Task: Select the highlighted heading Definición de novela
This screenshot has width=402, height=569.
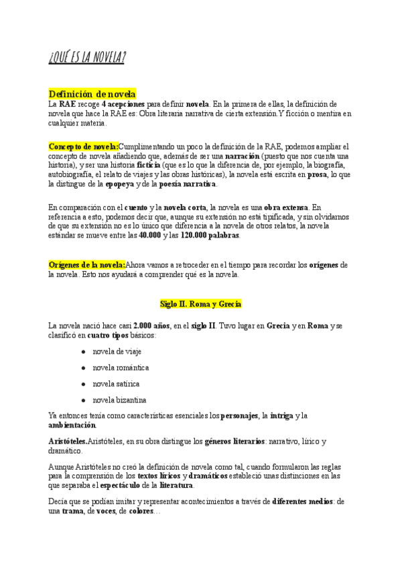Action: point(92,93)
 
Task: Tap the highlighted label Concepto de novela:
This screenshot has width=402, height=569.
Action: point(84,146)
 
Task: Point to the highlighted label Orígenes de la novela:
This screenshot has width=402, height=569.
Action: point(87,265)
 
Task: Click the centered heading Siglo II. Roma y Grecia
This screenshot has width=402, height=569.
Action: point(200,304)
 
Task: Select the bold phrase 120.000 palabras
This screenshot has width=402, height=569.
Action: point(210,236)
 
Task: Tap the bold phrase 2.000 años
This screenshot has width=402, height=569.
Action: point(152,325)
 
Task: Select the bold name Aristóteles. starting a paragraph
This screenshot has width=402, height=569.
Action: point(68,442)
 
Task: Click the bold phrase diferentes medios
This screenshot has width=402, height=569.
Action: point(303,501)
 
